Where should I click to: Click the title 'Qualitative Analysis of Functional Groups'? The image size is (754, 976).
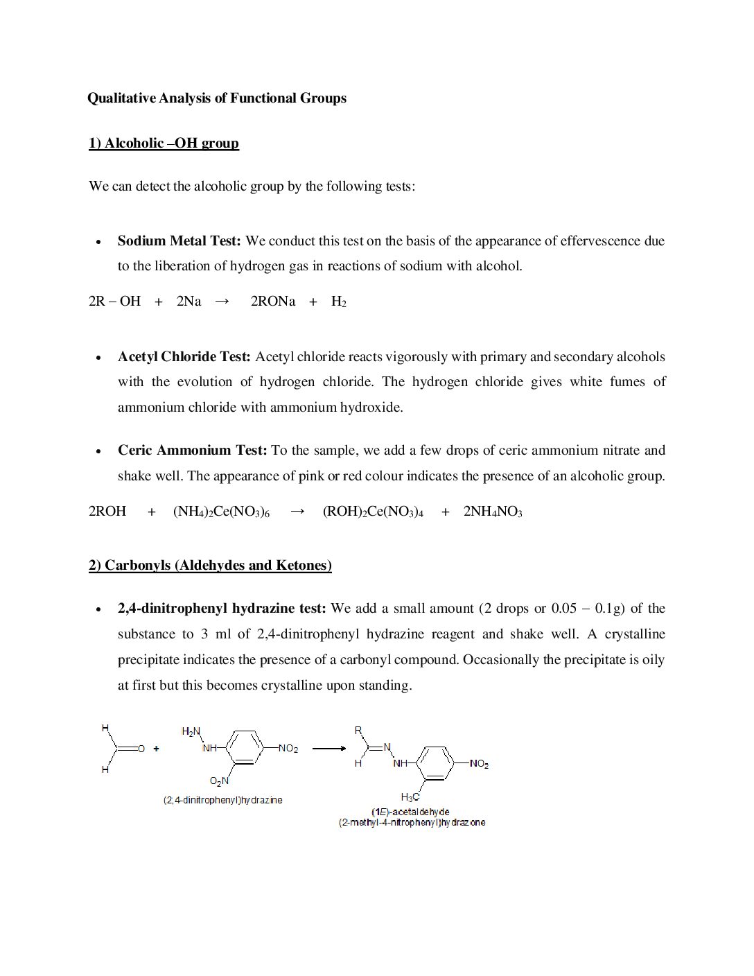click(x=217, y=98)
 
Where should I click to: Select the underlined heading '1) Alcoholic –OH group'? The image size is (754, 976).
click(x=164, y=143)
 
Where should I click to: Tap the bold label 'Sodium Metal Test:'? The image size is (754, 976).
click(x=179, y=241)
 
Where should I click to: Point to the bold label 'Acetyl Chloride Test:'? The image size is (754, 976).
click(x=184, y=357)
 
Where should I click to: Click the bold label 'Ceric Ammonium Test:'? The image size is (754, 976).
click(x=192, y=451)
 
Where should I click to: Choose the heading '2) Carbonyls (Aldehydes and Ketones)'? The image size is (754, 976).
click(x=210, y=566)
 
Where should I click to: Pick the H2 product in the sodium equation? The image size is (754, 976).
click(x=338, y=302)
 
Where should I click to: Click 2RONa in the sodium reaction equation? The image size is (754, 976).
click(x=273, y=302)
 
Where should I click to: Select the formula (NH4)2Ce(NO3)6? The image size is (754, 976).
click(x=221, y=512)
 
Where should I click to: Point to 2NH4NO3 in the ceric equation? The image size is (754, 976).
click(x=493, y=512)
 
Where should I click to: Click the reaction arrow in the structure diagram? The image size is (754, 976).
click(x=328, y=749)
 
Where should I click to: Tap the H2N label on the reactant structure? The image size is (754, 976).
click(x=191, y=731)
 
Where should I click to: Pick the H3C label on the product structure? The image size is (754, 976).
click(x=410, y=797)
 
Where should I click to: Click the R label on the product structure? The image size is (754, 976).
click(x=358, y=731)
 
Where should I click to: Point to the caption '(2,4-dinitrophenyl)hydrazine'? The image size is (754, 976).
click(x=223, y=800)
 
